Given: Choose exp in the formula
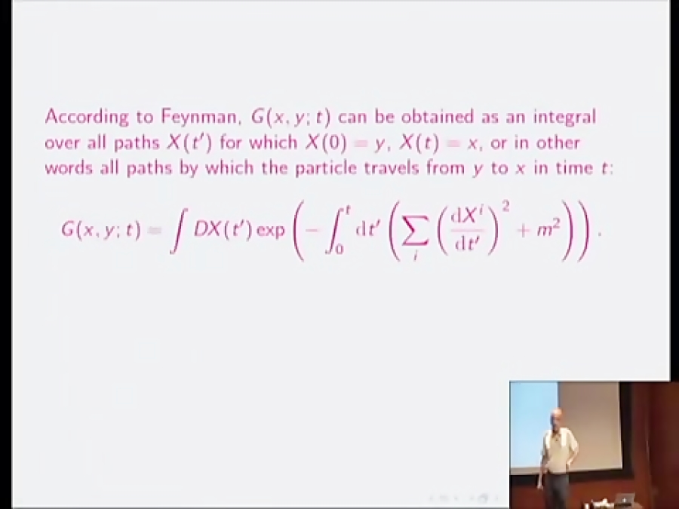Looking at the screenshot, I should (270, 230).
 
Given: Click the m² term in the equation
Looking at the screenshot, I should (549, 230).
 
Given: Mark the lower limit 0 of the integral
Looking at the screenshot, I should (339, 250).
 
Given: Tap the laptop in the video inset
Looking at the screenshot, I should (625, 498).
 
